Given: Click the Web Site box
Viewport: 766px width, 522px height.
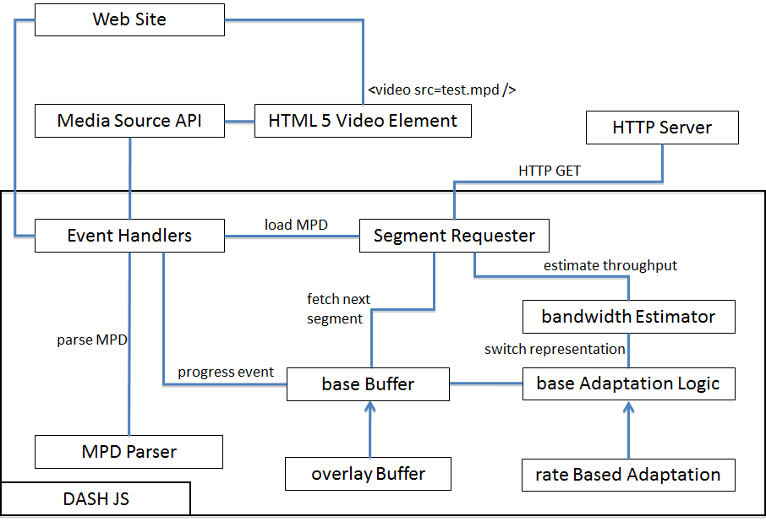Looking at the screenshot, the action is tap(129, 19).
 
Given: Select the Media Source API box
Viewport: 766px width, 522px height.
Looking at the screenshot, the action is tap(129, 121).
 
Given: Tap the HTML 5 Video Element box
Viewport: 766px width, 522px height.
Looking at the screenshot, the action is tap(363, 121).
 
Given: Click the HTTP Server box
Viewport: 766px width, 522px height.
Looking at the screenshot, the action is tap(662, 128).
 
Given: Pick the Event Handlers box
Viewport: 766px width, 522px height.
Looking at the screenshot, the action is tap(129, 236).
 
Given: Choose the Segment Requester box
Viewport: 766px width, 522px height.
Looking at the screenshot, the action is tap(454, 236).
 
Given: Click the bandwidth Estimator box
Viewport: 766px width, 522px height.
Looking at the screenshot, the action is tap(629, 317).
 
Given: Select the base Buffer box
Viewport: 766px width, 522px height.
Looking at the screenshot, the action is tap(368, 384).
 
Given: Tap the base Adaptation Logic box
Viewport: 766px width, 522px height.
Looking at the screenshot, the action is tap(629, 384).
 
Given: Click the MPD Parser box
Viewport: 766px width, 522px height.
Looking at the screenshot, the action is tap(129, 452).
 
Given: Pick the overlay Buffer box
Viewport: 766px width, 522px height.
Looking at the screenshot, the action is tap(368, 474).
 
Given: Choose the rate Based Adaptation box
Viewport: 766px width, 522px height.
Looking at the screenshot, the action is tap(628, 475).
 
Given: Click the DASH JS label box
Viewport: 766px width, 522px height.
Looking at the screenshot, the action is tap(96, 498).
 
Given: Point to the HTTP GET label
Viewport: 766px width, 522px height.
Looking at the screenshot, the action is tap(550, 171).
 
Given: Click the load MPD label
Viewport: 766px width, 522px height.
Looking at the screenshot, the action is tap(296, 225).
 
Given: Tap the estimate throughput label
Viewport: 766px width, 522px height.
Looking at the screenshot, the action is tap(610, 265).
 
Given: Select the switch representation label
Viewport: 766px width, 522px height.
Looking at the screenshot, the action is tap(555, 350).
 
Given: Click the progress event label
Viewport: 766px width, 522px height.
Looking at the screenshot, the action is tap(226, 372).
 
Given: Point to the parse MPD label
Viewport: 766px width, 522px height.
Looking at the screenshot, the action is tap(92, 340).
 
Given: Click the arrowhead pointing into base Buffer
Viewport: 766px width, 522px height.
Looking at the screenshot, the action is tap(369, 406).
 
